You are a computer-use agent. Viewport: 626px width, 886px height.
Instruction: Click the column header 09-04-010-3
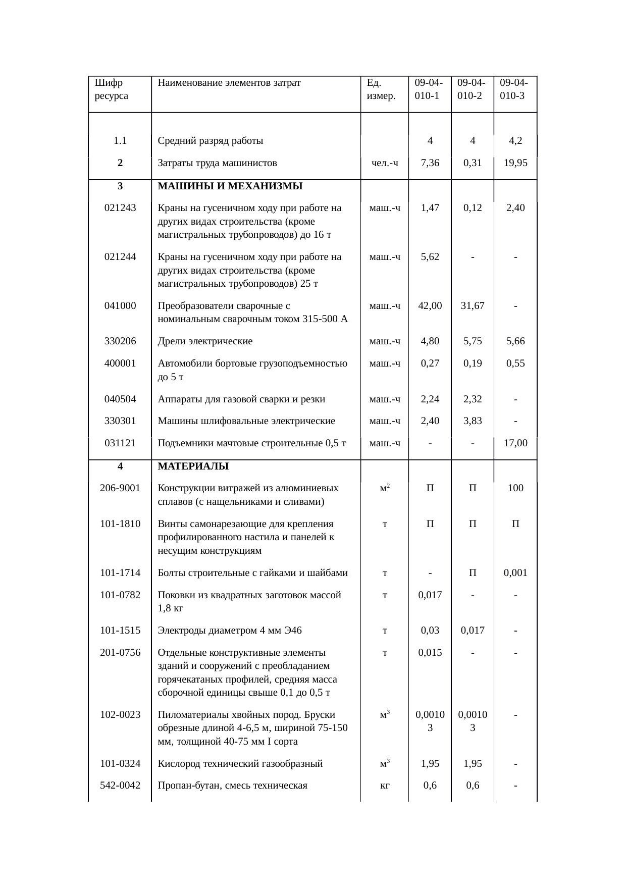[514, 89]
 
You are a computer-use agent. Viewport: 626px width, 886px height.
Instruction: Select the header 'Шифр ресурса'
[111, 89]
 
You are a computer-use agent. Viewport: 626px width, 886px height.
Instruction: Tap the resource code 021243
[120, 207]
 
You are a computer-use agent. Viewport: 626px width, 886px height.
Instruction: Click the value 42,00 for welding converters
[430, 305]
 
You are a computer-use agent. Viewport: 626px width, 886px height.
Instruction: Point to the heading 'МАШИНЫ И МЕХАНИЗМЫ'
[230, 186]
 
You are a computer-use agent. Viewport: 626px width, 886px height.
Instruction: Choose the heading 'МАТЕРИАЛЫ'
[193, 466]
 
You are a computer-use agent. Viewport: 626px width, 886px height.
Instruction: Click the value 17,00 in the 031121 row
[515, 443]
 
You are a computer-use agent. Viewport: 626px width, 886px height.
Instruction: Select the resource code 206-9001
[120, 488]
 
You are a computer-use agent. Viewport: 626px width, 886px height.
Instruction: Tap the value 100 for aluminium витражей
[515, 488]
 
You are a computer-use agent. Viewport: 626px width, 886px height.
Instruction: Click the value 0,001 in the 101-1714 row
[515, 573]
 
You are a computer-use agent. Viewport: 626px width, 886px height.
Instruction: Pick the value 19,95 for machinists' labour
[515, 163]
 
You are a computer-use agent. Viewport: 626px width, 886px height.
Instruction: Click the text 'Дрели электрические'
[205, 341]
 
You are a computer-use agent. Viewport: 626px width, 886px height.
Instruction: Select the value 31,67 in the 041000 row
[473, 305]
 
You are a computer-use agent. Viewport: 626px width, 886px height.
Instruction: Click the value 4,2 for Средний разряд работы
[515, 141]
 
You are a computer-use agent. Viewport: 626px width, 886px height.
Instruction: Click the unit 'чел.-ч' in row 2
[385, 163]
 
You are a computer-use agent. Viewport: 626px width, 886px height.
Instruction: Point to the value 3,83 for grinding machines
[473, 421]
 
